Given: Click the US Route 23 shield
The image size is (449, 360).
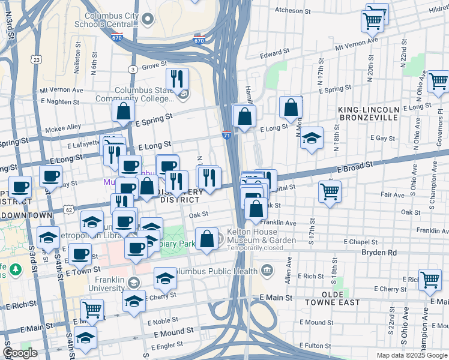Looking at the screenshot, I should click(x=37, y=59).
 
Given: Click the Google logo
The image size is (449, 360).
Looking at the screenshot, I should click(x=20, y=353).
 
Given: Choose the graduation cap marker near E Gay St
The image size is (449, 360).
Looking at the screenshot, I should click(x=311, y=139).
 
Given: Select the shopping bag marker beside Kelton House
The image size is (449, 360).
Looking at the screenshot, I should click(x=206, y=239).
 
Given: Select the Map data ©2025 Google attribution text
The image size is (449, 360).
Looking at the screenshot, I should click(x=412, y=355).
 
